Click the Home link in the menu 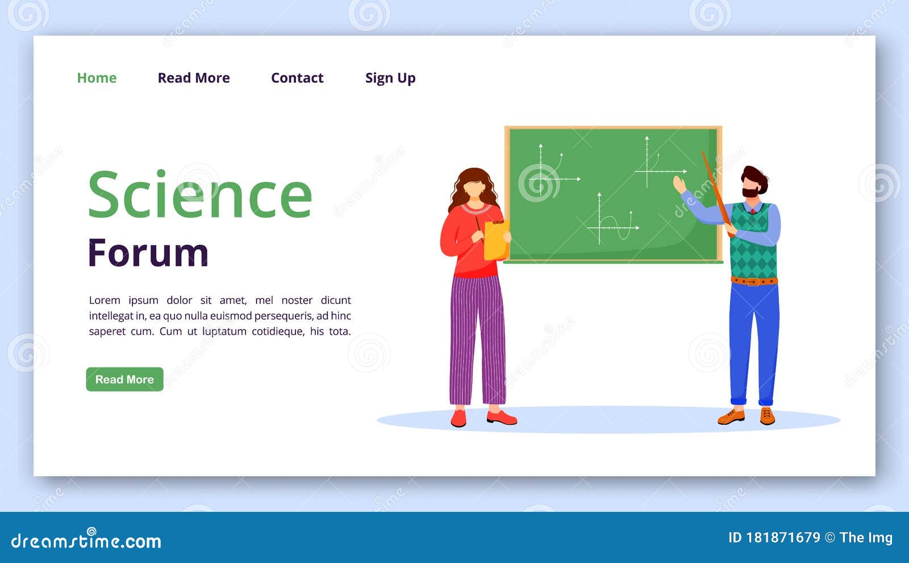[97, 78]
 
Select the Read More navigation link [194, 78]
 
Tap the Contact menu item [297, 78]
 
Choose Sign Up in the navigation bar [390, 78]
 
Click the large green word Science [200, 195]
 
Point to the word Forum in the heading [148, 253]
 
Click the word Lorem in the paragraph [105, 300]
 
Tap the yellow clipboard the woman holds [496, 240]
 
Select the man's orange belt [754, 281]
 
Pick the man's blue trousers [754, 341]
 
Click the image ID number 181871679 [783, 537]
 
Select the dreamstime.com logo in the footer [86, 540]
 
